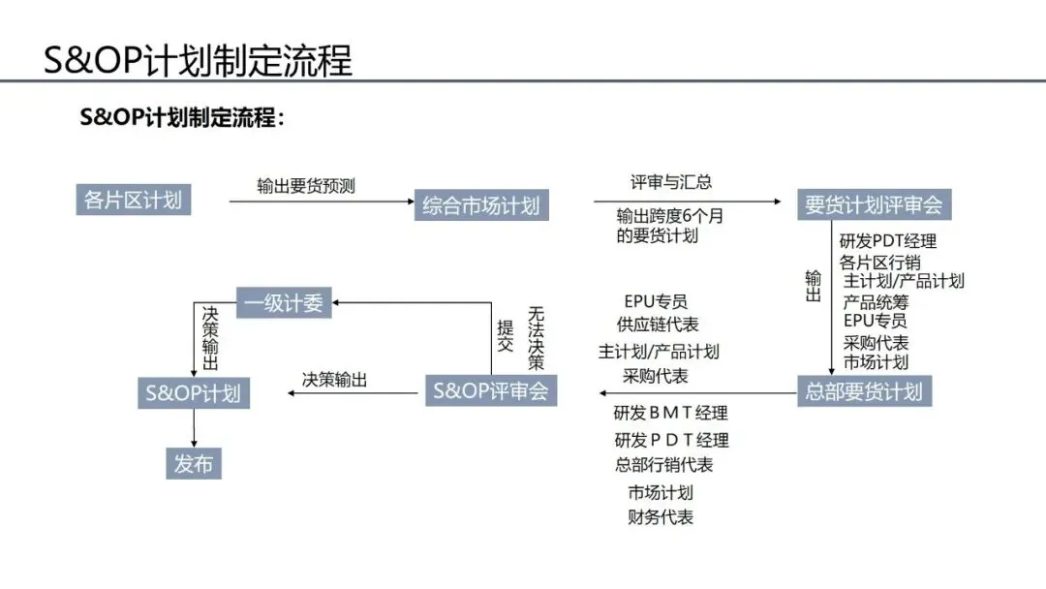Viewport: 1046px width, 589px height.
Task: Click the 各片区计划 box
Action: (133, 201)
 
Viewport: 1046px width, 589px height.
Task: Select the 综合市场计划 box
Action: (480, 205)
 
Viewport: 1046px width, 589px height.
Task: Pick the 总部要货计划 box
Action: (864, 391)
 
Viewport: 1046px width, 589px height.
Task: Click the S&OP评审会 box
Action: (491, 390)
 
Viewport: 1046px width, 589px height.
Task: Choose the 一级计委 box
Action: (284, 302)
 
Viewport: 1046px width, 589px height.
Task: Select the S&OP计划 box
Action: (193, 393)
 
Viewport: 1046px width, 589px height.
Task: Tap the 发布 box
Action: (194, 463)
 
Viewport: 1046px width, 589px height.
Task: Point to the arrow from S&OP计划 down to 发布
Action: (194, 427)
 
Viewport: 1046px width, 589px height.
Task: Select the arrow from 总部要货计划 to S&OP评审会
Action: (697, 392)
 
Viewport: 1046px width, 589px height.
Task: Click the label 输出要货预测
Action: (306, 185)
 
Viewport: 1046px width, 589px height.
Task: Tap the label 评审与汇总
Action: (671, 182)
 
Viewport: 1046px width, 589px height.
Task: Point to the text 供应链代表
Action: (658, 325)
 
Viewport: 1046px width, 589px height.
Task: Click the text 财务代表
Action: (661, 517)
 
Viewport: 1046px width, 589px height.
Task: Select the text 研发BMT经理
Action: (671, 414)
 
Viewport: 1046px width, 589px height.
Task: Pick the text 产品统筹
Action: (876, 302)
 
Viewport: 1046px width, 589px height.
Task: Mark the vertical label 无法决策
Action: (537, 338)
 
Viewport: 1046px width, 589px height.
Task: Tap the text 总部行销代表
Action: (664, 465)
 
